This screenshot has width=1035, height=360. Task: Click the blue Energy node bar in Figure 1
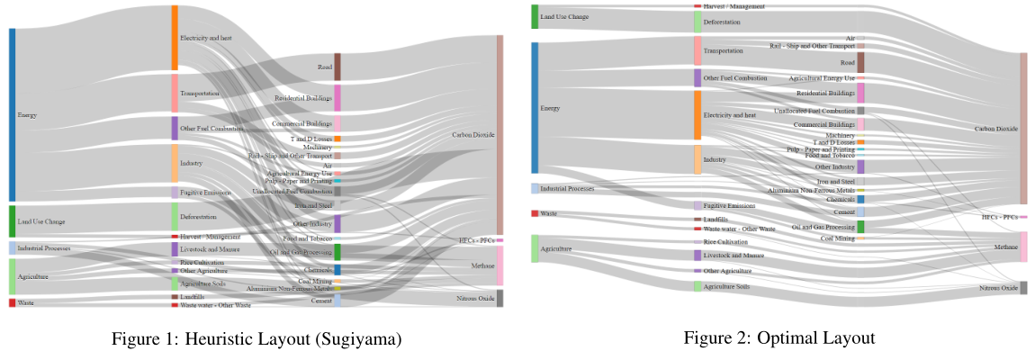(x=12, y=114)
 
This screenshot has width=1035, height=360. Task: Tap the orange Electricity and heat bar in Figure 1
(x=175, y=38)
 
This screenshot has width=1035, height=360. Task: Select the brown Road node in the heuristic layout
(x=337, y=67)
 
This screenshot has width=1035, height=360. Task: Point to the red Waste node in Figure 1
(x=12, y=302)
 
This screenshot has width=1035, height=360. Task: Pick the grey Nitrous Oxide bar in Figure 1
(x=499, y=298)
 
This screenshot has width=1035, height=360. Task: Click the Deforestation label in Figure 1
(x=198, y=217)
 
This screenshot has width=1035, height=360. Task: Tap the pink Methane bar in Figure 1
(x=499, y=265)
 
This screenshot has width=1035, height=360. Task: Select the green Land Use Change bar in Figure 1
(x=12, y=221)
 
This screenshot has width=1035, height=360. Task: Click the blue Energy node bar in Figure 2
(x=535, y=108)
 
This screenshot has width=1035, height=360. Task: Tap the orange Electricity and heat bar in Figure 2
(x=697, y=115)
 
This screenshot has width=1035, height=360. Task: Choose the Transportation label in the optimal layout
(x=723, y=50)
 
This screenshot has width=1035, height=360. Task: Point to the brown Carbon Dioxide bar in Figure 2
(x=1022, y=129)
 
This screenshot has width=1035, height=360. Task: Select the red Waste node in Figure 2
(x=535, y=213)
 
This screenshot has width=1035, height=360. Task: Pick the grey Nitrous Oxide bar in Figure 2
(x=1022, y=288)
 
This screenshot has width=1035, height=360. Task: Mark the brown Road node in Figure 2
(x=860, y=62)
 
